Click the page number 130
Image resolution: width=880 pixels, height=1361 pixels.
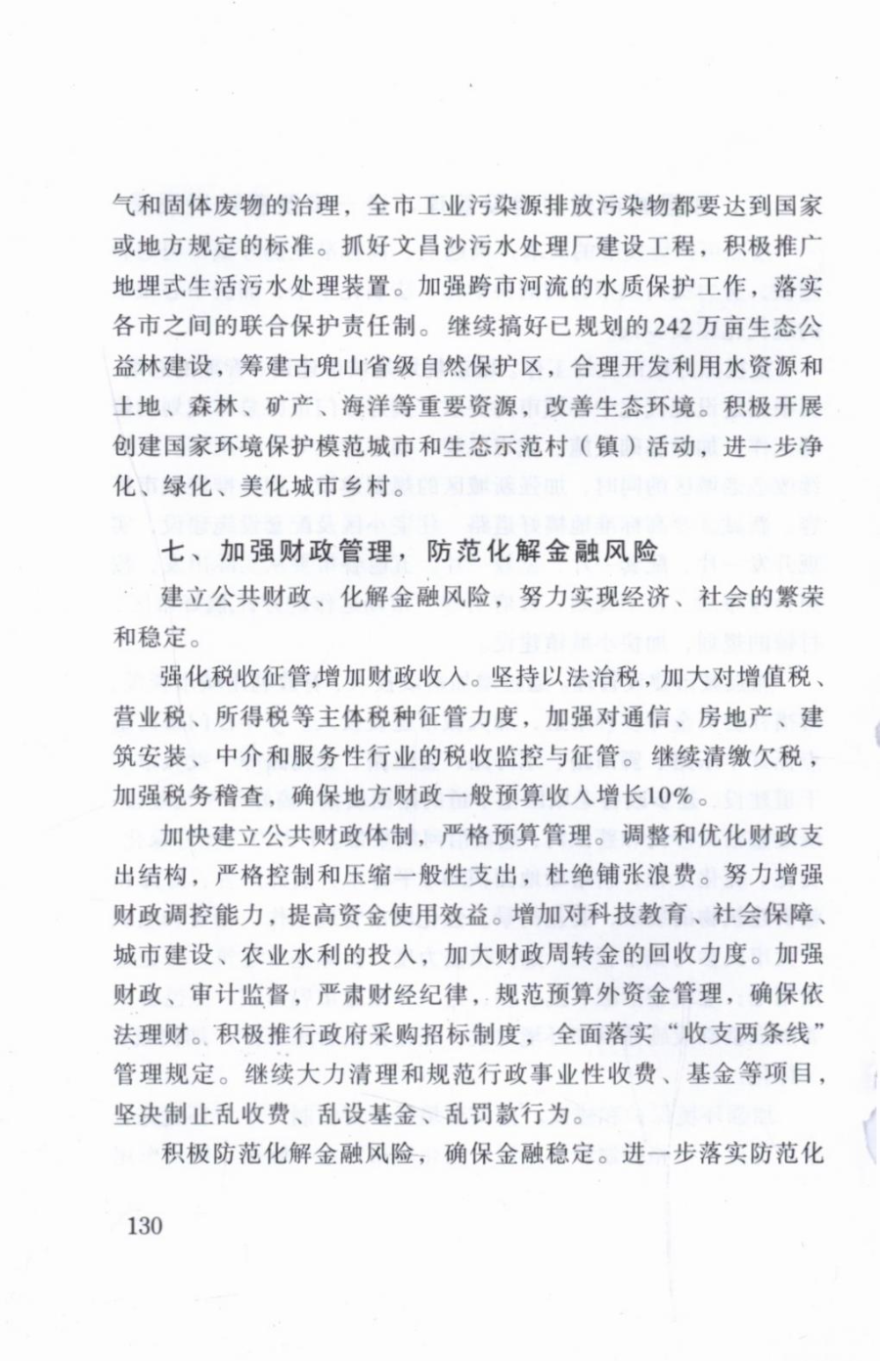(x=144, y=1225)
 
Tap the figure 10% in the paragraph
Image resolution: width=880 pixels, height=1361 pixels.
(x=671, y=794)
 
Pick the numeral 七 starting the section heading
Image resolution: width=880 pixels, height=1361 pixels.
(x=173, y=551)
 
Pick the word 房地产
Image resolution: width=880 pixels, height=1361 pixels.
(x=733, y=716)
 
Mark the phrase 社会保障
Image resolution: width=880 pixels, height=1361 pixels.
(x=763, y=914)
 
